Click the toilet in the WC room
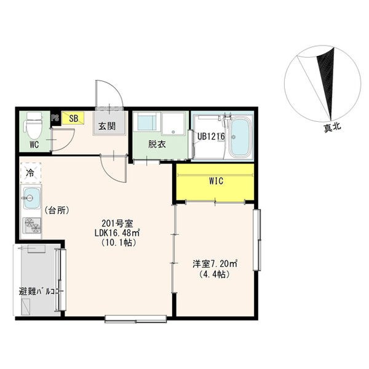34,126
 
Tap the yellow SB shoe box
73,118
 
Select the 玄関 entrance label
107,126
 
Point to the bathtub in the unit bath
240,138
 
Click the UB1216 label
211,137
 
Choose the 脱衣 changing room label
157,145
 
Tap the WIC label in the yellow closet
216,181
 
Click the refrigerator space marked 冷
31,173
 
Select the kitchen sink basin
31,198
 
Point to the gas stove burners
31,226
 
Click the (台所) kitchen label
57,210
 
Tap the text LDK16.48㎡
117,232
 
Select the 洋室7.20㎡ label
215,264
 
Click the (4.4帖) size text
214,274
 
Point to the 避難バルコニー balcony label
41,292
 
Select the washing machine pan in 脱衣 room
173,124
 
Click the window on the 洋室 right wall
256,240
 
